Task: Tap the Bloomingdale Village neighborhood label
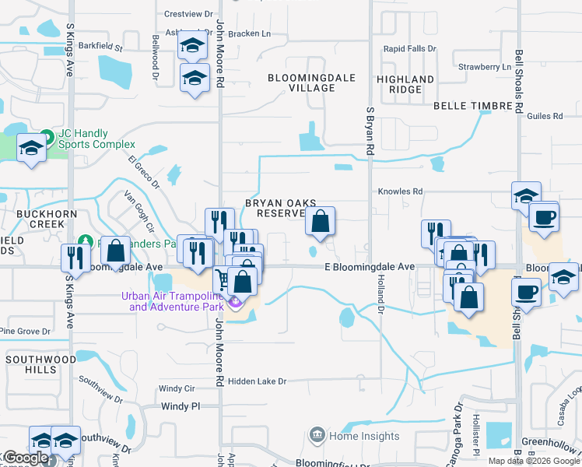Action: (x=301, y=83)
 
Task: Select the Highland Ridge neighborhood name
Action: (x=405, y=84)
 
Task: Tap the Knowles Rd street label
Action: (x=400, y=191)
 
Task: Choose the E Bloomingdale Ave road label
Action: (x=370, y=267)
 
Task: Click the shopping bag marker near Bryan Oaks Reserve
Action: (x=320, y=221)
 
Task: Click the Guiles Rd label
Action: (x=545, y=117)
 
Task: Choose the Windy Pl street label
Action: (x=181, y=406)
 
